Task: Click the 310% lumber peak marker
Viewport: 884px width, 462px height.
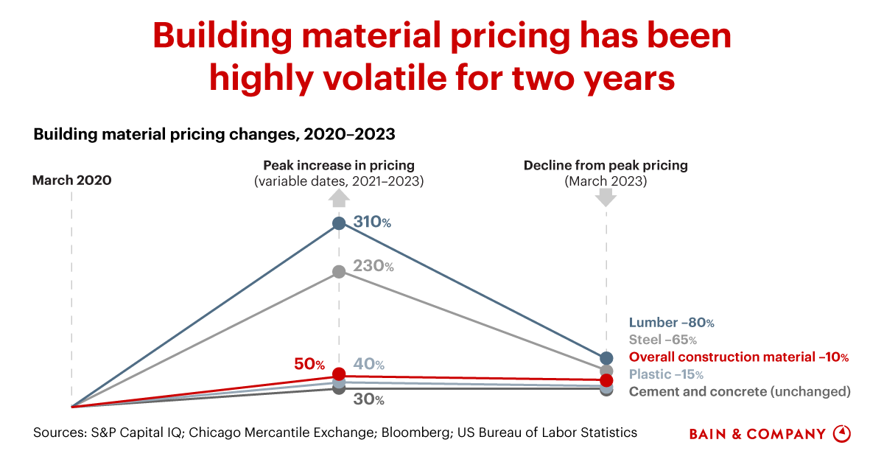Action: pos(339,223)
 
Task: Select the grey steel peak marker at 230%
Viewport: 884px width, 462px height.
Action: pos(339,272)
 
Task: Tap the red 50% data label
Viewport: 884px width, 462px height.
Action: pos(309,364)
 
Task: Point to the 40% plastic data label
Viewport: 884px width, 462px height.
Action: pos(369,364)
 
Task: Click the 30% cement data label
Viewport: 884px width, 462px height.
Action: pos(369,400)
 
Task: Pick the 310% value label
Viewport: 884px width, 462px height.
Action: pos(371,221)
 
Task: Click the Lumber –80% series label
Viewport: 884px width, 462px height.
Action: pos(671,323)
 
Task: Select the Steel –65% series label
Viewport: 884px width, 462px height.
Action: pos(662,340)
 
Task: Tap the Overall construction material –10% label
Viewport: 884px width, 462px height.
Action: pos(738,357)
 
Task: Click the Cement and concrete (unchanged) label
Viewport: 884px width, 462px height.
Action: pos(739,391)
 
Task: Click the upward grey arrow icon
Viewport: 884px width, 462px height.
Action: pos(339,197)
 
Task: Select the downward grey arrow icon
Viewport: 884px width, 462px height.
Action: pos(606,197)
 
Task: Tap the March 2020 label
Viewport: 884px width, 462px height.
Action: pos(72,180)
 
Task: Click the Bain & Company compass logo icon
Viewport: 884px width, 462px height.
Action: pos(841,433)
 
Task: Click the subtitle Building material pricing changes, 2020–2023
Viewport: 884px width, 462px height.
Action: pos(214,135)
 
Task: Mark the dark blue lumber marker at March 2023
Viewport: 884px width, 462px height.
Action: pos(606,358)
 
